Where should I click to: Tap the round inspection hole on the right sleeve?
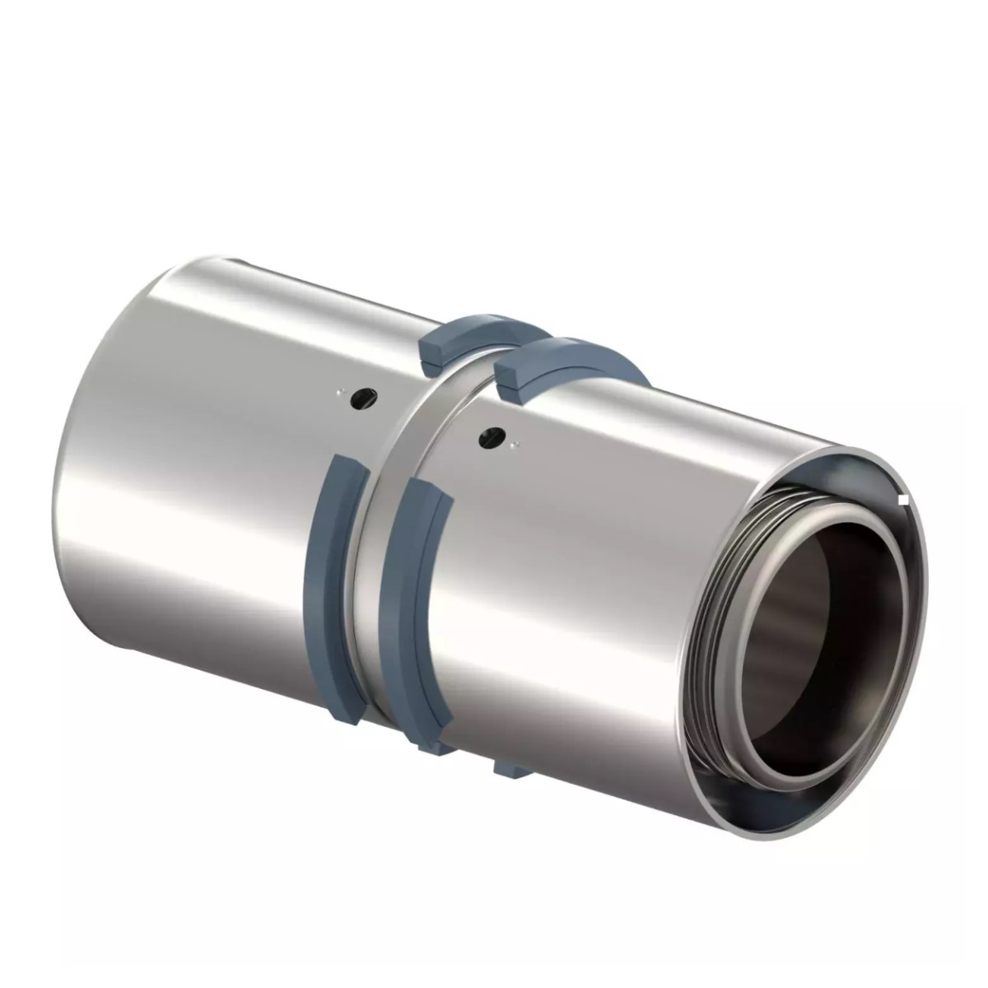tap(493, 434)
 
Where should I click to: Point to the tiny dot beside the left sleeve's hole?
tap(339, 394)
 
